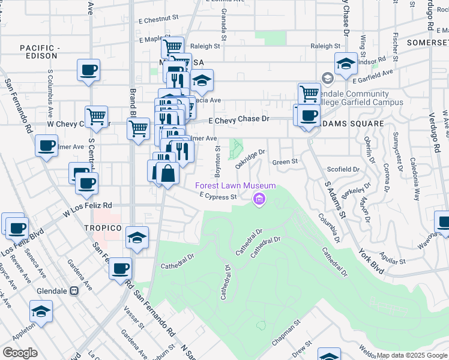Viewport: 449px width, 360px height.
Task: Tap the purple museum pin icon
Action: pyautogui.click(x=259, y=199)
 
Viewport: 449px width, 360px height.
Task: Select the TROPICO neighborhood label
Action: pyautogui.click(x=103, y=229)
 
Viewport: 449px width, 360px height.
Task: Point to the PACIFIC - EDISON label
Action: pyautogui.click(x=40, y=52)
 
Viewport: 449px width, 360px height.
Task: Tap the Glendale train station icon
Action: pyautogui.click(x=74, y=290)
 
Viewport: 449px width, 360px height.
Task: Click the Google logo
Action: pyautogui.click(x=20, y=352)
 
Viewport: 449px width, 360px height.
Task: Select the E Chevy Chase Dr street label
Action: pyautogui.click(x=240, y=119)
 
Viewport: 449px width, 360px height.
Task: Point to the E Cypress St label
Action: pyautogui.click(x=214, y=196)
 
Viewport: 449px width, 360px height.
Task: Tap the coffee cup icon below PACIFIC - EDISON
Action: pyautogui.click(x=89, y=70)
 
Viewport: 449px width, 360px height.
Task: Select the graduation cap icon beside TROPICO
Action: pyautogui.click(x=137, y=238)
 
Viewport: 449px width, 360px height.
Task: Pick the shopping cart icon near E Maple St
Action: pyautogui.click(x=173, y=46)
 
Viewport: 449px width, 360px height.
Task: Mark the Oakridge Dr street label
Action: pyautogui.click(x=250, y=158)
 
